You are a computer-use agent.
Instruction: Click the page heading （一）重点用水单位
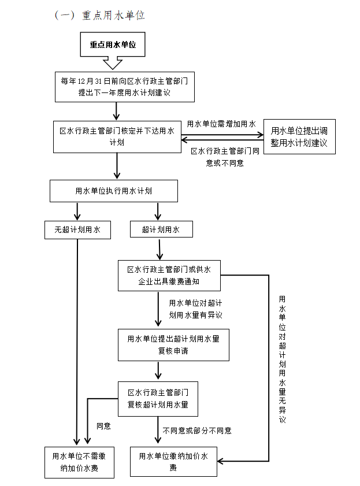point(99,16)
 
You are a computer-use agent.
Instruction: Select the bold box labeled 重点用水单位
point(113,44)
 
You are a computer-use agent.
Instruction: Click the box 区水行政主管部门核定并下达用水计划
point(117,136)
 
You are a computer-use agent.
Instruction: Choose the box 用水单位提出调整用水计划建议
point(299,136)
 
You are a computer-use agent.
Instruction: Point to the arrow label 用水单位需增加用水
point(221,124)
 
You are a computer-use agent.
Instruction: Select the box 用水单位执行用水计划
point(113,190)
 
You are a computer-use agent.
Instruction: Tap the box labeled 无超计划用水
point(77,229)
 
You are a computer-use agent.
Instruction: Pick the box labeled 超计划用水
point(161,229)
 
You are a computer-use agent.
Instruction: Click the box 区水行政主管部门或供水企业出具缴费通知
point(169,276)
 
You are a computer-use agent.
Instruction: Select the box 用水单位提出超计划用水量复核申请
point(173,344)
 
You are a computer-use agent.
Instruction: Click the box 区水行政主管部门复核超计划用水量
point(158,398)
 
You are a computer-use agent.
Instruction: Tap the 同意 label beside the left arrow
point(103,426)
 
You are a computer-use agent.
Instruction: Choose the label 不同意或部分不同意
point(197,431)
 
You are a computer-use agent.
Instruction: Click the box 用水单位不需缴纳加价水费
point(79,461)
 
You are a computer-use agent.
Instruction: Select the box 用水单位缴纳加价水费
point(173,461)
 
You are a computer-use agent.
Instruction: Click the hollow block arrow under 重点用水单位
point(112,62)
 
